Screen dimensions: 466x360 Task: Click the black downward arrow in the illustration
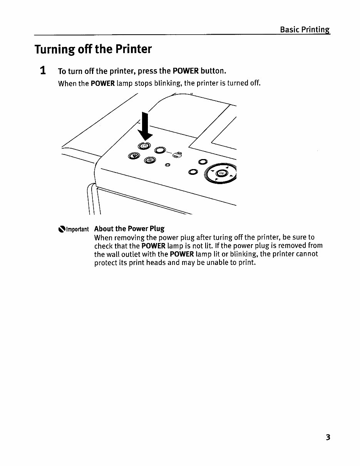[x=145, y=126]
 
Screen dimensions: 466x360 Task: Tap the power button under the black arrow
[x=143, y=146]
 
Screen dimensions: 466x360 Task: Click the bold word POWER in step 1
[x=186, y=71]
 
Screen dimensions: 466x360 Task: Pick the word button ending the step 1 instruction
[x=213, y=71]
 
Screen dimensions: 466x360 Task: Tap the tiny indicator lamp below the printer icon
[x=167, y=165]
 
